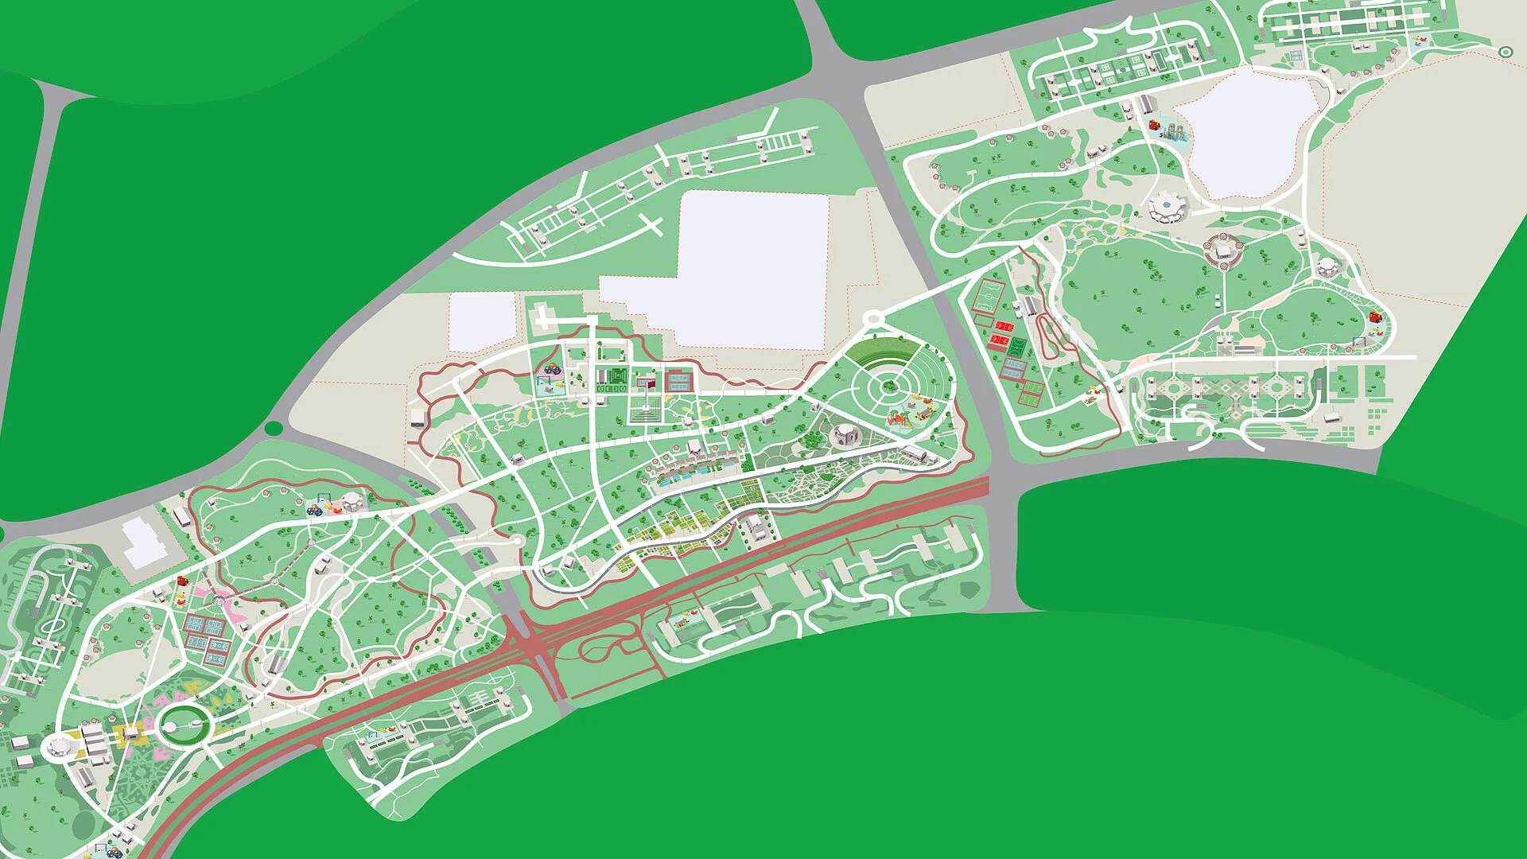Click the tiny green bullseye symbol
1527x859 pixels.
coord(1505,52)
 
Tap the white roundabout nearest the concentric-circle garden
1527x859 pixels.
coord(874,319)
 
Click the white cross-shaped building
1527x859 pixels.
coord(543,317)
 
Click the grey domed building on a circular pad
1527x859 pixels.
coord(844,434)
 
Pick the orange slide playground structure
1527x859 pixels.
coord(899,418)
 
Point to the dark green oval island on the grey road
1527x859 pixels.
coord(273,429)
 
